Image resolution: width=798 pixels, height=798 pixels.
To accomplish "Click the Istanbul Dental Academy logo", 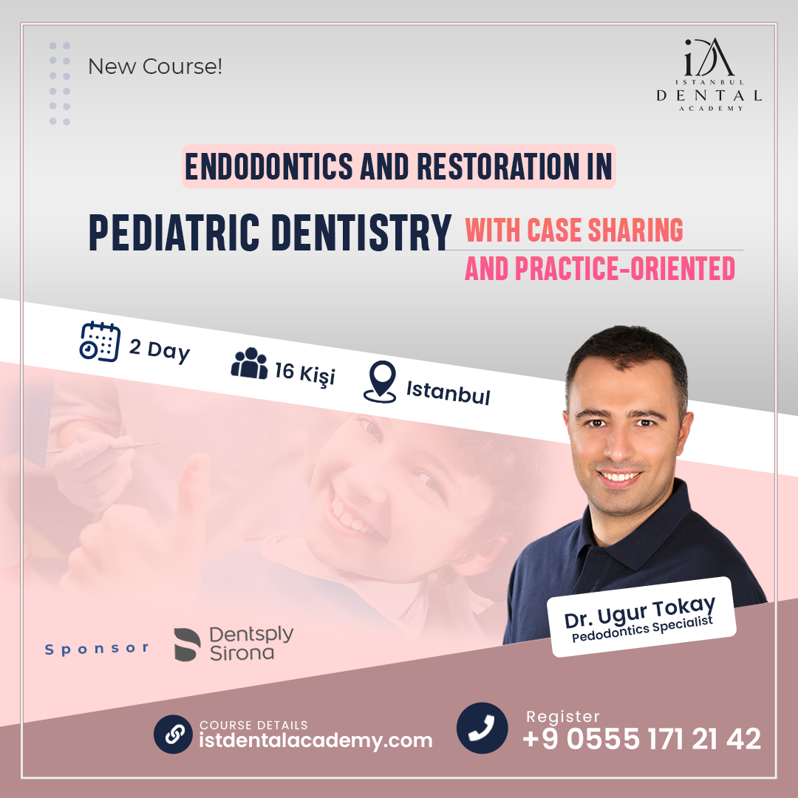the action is click(709, 75).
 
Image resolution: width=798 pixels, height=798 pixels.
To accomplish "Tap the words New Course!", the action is click(155, 66).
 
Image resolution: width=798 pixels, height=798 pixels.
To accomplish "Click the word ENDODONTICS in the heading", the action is click(269, 166).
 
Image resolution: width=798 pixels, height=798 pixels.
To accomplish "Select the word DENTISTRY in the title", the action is click(361, 233).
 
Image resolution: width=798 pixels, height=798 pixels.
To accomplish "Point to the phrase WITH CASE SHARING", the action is click(574, 230).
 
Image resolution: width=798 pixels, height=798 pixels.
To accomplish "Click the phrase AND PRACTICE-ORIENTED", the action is click(600, 269).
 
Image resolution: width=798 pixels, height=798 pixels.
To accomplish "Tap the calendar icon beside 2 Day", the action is click(100, 342).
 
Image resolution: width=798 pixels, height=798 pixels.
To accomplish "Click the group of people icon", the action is click(250, 364).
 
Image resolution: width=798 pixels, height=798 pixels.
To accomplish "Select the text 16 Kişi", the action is click(305, 374).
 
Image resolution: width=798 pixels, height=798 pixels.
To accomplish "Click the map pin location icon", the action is click(381, 382).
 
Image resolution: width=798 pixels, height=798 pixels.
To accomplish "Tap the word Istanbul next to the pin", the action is click(448, 393).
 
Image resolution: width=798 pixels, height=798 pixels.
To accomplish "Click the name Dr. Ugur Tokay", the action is click(640, 612).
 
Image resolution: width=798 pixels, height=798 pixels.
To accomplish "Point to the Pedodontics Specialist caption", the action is click(642, 629).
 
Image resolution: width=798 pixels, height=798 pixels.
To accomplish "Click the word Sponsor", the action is click(97, 649).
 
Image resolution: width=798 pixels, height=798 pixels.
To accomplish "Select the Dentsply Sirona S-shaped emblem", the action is click(187, 644).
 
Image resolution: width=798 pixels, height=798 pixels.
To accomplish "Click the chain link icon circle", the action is click(173, 734).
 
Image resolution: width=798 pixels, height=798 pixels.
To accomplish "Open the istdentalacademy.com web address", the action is click(316, 740).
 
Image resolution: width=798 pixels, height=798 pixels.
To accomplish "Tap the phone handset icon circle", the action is click(482, 728).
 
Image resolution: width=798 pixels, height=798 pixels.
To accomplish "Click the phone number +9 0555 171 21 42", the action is click(642, 739).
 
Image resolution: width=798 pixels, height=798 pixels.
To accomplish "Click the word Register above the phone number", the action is click(563, 717).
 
